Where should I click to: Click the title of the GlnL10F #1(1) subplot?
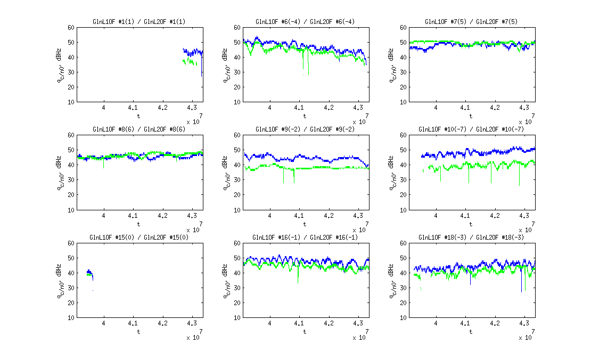click(x=139, y=22)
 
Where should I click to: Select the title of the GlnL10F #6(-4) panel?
click(x=305, y=22)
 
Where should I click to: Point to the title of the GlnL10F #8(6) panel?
click(x=139, y=129)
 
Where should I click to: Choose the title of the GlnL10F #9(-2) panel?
click(x=305, y=129)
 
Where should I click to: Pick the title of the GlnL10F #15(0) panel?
click(x=139, y=237)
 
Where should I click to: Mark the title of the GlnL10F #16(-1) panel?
click(x=305, y=237)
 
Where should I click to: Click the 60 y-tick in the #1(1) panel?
click(x=70, y=28)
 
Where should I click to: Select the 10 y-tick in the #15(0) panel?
click(x=70, y=318)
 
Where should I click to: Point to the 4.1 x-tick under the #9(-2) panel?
click(x=299, y=216)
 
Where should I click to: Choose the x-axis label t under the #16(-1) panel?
click(x=305, y=332)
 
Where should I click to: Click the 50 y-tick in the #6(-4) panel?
click(x=236, y=43)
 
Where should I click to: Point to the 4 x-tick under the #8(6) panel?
click(x=103, y=216)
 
